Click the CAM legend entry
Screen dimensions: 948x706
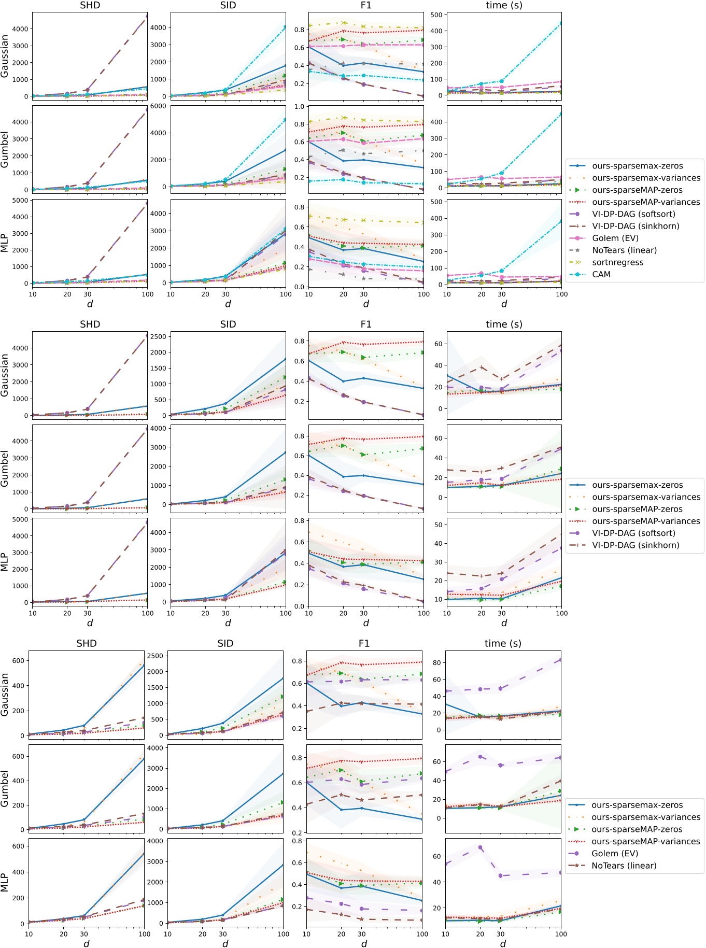click(601, 274)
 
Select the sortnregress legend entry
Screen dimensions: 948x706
click(617, 262)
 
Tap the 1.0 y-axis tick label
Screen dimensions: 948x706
click(299, 106)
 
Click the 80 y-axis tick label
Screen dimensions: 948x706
click(436, 662)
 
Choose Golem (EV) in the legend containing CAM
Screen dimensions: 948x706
click(615, 238)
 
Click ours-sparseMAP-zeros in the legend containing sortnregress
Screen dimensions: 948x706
click(637, 190)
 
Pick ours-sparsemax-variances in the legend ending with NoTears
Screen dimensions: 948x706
click(645, 817)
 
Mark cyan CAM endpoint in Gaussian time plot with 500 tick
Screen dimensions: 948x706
click(561, 23)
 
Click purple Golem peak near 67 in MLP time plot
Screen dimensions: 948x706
click(480, 847)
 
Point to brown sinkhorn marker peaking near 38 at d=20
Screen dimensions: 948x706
click(482, 367)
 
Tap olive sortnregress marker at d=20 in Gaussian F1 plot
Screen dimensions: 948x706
click(343, 23)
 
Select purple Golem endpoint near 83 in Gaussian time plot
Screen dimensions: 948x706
click(560, 660)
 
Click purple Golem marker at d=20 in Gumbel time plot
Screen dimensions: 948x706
click(480, 757)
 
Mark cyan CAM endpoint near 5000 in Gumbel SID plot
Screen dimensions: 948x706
click(285, 120)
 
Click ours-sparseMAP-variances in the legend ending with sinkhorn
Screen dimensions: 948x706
click(645, 521)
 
